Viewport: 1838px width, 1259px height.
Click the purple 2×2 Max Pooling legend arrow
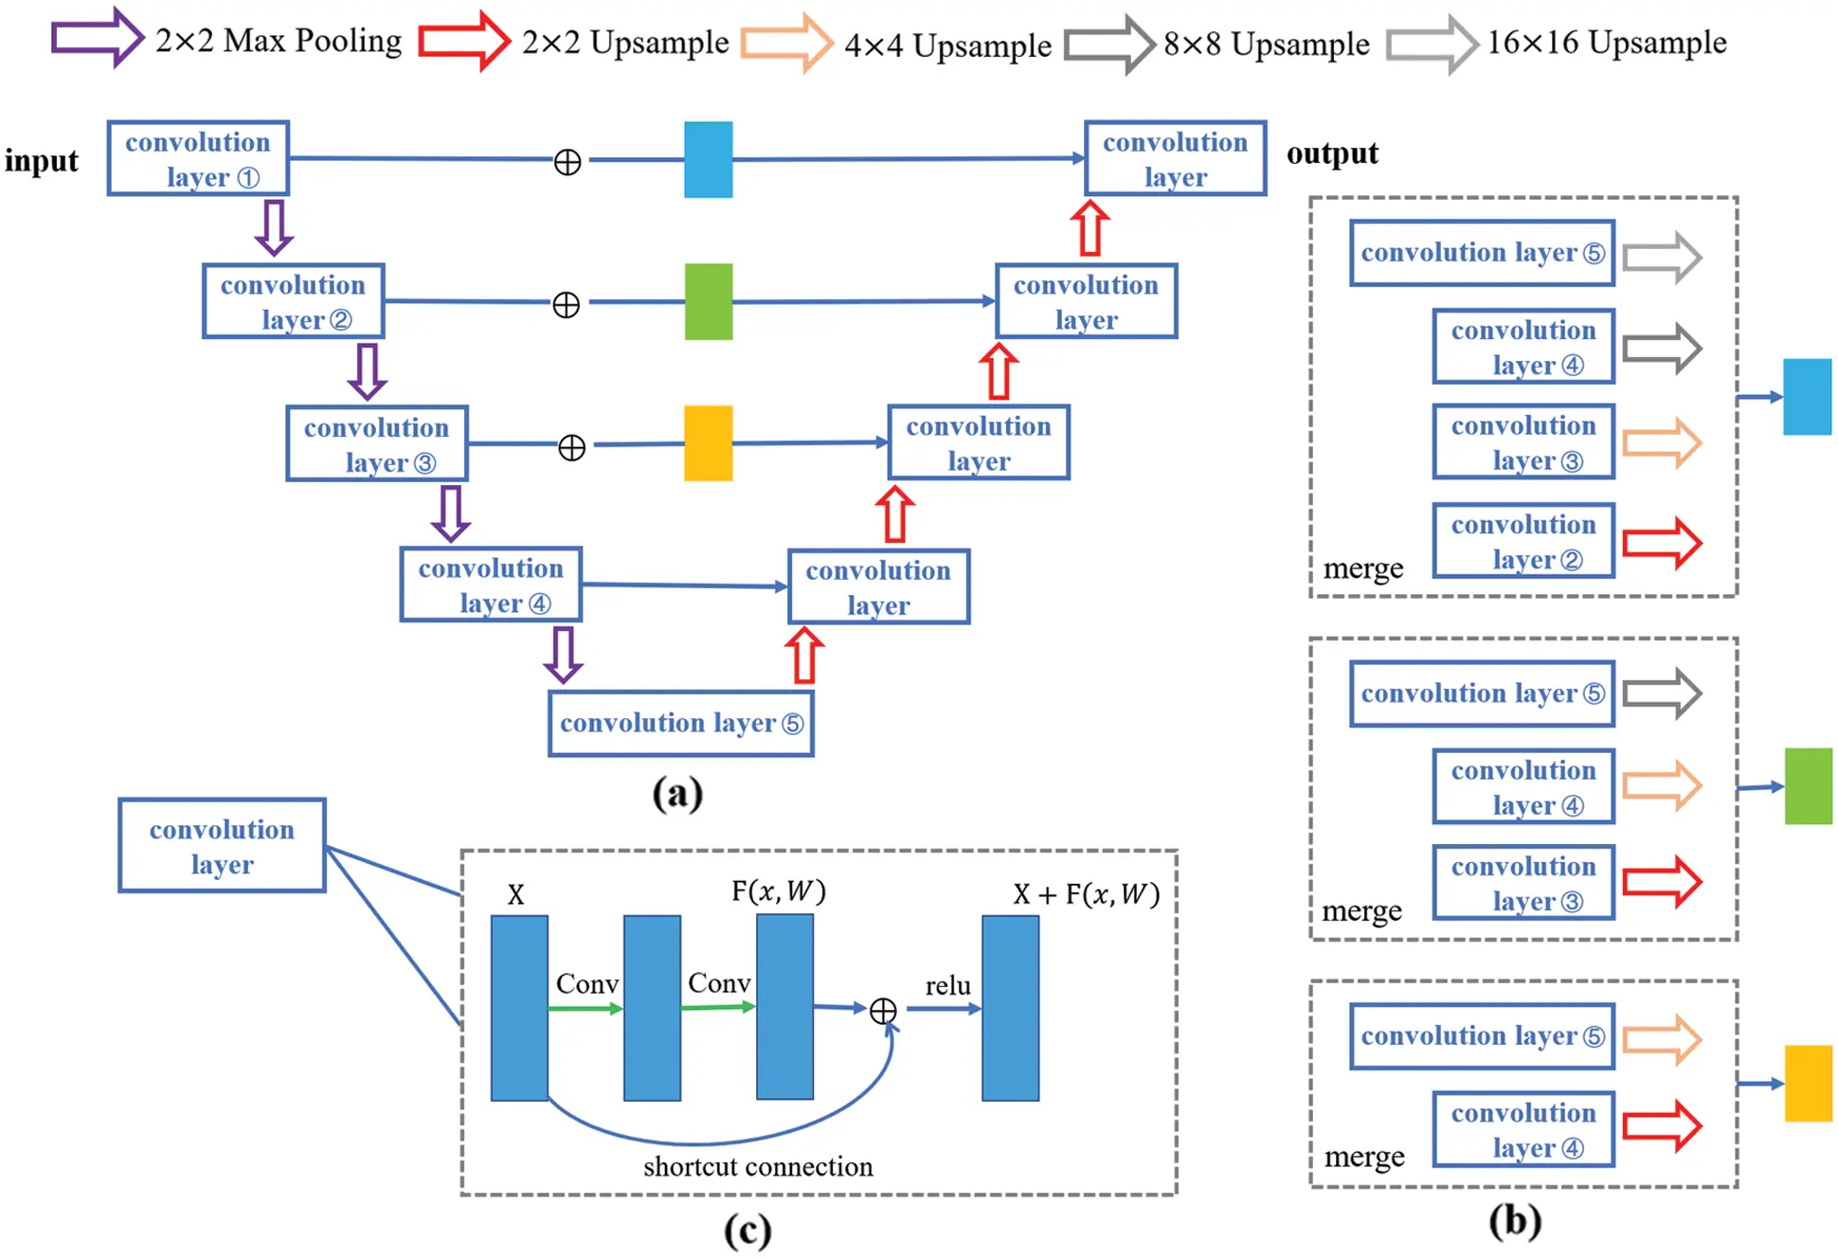pyautogui.click(x=96, y=38)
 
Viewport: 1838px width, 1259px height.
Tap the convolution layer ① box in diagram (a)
pyautogui.click(x=198, y=158)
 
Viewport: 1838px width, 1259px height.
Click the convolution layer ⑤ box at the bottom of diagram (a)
pyautogui.click(x=680, y=724)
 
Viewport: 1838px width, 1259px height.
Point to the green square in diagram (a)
pyautogui.click(x=708, y=301)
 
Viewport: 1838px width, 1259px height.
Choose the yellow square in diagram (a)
pyautogui.click(x=708, y=443)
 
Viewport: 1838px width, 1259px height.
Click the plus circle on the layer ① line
pyautogui.click(x=567, y=162)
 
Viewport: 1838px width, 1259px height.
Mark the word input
pyautogui.click(x=41, y=160)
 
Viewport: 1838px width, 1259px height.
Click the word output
pyautogui.click(x=1331, y=153)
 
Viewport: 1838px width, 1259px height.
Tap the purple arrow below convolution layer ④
pyautogui.click(x=563, y=654)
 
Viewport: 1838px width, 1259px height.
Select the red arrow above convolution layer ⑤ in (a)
pyautogui.click(x=803, y=656)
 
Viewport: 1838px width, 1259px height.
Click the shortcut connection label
pyautogui.click(x=757, y=1166)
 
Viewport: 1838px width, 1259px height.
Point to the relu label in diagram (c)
pyautogui.click(x=946, y=985)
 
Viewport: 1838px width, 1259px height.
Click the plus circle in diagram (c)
pyautogui.click(x=882, y=1011)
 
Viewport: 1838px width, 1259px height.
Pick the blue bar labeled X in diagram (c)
pyautogui.click(x=518, y=1007)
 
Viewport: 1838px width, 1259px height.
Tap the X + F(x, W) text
pyautogui.click(x=1085, y=893)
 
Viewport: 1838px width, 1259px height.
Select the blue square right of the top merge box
pyautogui.click(x=1806, y=397)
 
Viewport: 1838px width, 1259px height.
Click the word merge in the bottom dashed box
pyautogui.click(x=1363, y=1156)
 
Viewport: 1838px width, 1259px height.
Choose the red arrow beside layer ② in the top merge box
pyautogui.click(x=1661, y=543)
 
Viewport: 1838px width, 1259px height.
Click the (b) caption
pyautogui.click(x=1514, y=1220)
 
